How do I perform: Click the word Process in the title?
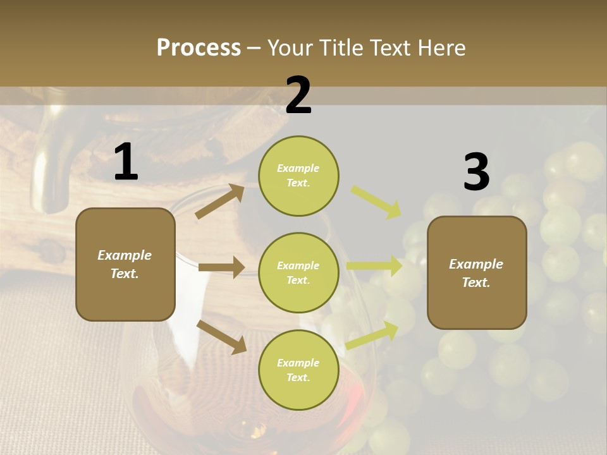pos(199,47)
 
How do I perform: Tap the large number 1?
pos(126,162)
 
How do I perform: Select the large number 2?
pos(298,95)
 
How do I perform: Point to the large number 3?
pos(476,173)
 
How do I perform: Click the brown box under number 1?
pos(125,264)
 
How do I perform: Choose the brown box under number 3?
pos(477,272)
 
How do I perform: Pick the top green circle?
pos(298,176)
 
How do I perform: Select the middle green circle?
pos(298,272)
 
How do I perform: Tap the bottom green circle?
pos(298,370)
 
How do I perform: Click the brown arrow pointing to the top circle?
pos(220,201)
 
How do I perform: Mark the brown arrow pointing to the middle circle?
pos(221,267)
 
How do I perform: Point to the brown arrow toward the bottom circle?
pos(222,337)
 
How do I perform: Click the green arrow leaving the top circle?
pos(376,202)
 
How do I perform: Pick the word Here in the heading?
pos(442,47)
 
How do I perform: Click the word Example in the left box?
pos(125,255)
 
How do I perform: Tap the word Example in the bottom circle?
pos(298,363)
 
